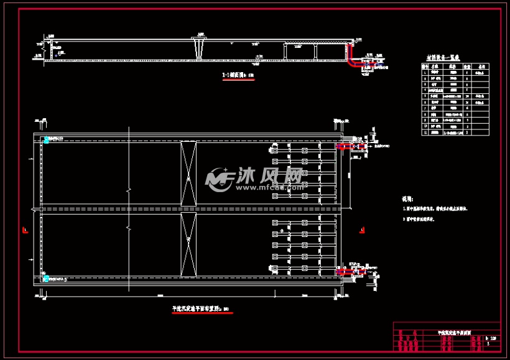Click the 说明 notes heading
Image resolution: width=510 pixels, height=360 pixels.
click(407, 200)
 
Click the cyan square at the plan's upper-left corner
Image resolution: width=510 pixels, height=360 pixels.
click(45, 141)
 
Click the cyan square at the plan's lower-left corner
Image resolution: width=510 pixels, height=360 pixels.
click(45, 274)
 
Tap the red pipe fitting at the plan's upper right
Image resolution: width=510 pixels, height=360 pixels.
click(343, 147)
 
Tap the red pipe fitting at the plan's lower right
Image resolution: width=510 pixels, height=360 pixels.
click(343, 271)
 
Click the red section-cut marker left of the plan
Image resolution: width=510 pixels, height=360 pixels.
click(24, 230)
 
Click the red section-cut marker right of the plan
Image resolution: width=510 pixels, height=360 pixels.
click(362, 230)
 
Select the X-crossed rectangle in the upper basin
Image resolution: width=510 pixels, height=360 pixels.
click(188, 173)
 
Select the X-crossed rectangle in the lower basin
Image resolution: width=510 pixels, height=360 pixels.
click(188, 243)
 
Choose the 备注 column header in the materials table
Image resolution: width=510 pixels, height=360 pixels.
click(480, 66)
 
